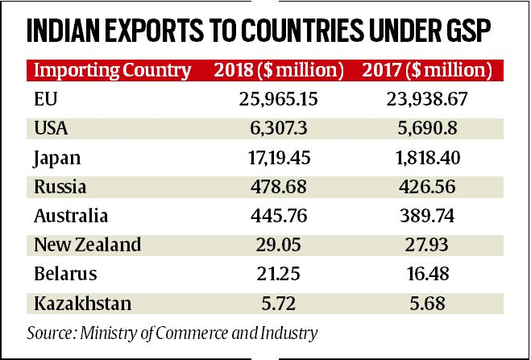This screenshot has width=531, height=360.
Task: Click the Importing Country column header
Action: click(112, 70)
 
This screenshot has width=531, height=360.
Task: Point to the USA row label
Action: click(53, 129)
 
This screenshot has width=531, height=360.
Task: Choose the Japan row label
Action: click(59, 158)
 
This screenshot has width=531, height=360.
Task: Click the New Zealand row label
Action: click(88, 244)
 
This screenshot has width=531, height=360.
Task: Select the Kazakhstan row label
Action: click(84, 302)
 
